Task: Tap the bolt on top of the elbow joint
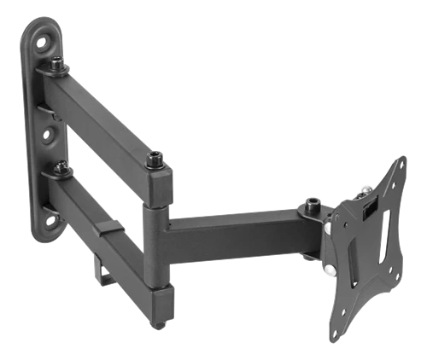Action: (155, 160)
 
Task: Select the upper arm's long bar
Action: (107, 119)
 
